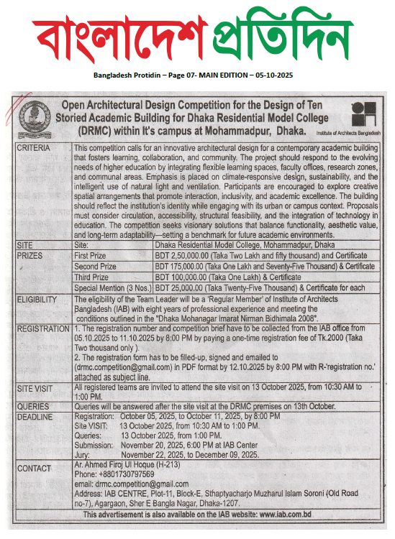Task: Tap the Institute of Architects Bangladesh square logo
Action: coord(363,113)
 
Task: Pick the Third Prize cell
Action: coord(94,276)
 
